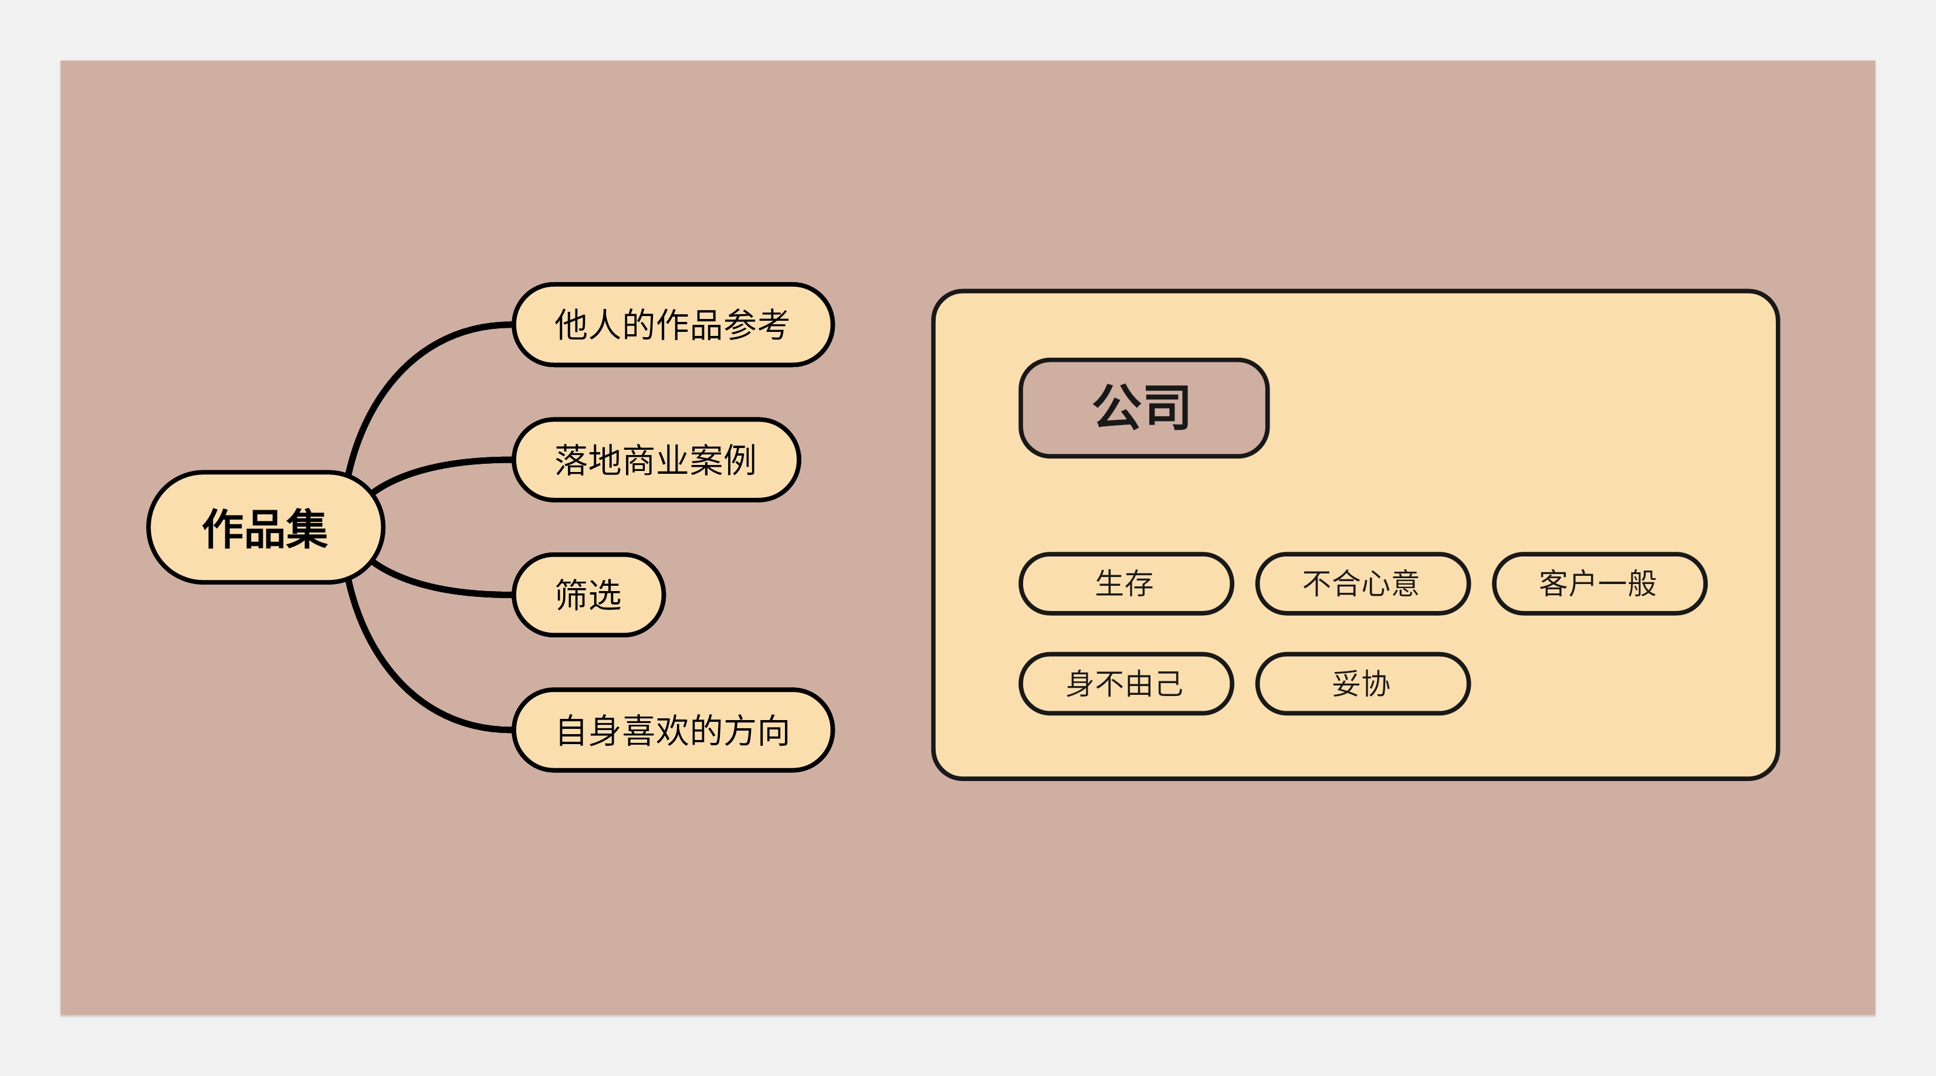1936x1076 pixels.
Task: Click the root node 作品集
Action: coord(265,528)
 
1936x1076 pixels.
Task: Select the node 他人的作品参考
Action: coord(673,325)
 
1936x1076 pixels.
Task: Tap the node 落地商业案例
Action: coord(655,460)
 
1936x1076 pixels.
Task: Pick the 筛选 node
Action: coord(588,595)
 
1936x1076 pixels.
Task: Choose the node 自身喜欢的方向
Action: coord(673,731)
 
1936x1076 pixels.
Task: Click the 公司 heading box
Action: coord(1143,408)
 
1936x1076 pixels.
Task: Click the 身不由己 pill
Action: coord(1125,684)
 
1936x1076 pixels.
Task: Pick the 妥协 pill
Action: coord(1362,684)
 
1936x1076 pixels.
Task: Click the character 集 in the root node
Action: coord(307,529)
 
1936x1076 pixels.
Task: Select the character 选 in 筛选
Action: coord(605,595)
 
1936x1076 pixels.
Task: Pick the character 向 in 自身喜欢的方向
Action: coord(774,731)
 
